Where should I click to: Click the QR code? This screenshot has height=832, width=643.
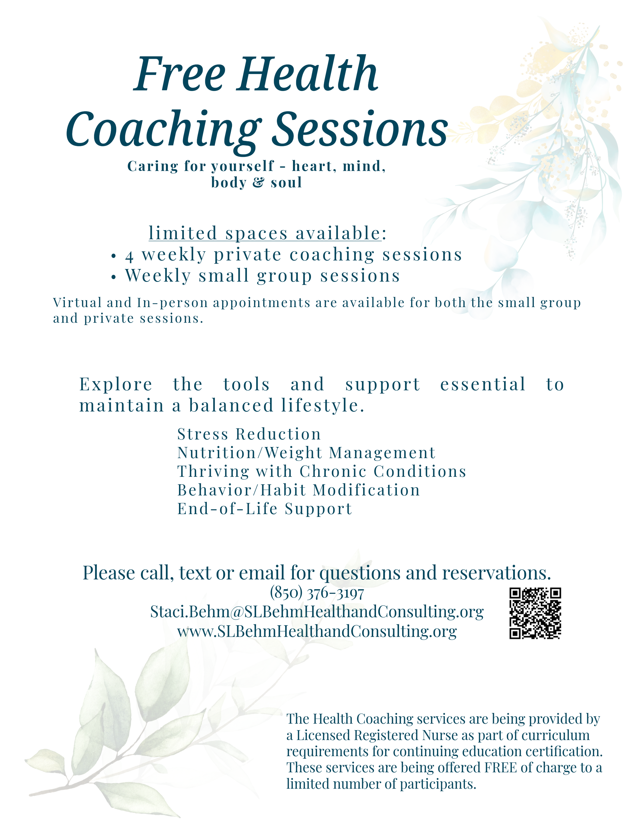[535, 613]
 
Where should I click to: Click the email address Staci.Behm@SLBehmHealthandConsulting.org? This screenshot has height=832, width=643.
[317, 612]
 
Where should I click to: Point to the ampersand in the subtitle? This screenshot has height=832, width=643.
[258, 183]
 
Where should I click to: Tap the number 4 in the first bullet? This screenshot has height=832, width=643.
[129, 256]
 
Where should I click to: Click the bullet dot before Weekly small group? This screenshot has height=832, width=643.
[113, 277]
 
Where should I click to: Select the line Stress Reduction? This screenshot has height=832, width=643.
[249, 434]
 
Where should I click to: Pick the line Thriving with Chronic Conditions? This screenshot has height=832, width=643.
[321, 472]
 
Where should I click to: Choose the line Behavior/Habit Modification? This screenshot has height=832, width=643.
[299, 490]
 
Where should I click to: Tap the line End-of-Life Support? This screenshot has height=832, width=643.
[265, 509]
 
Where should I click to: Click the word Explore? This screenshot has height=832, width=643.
[116, 384]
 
